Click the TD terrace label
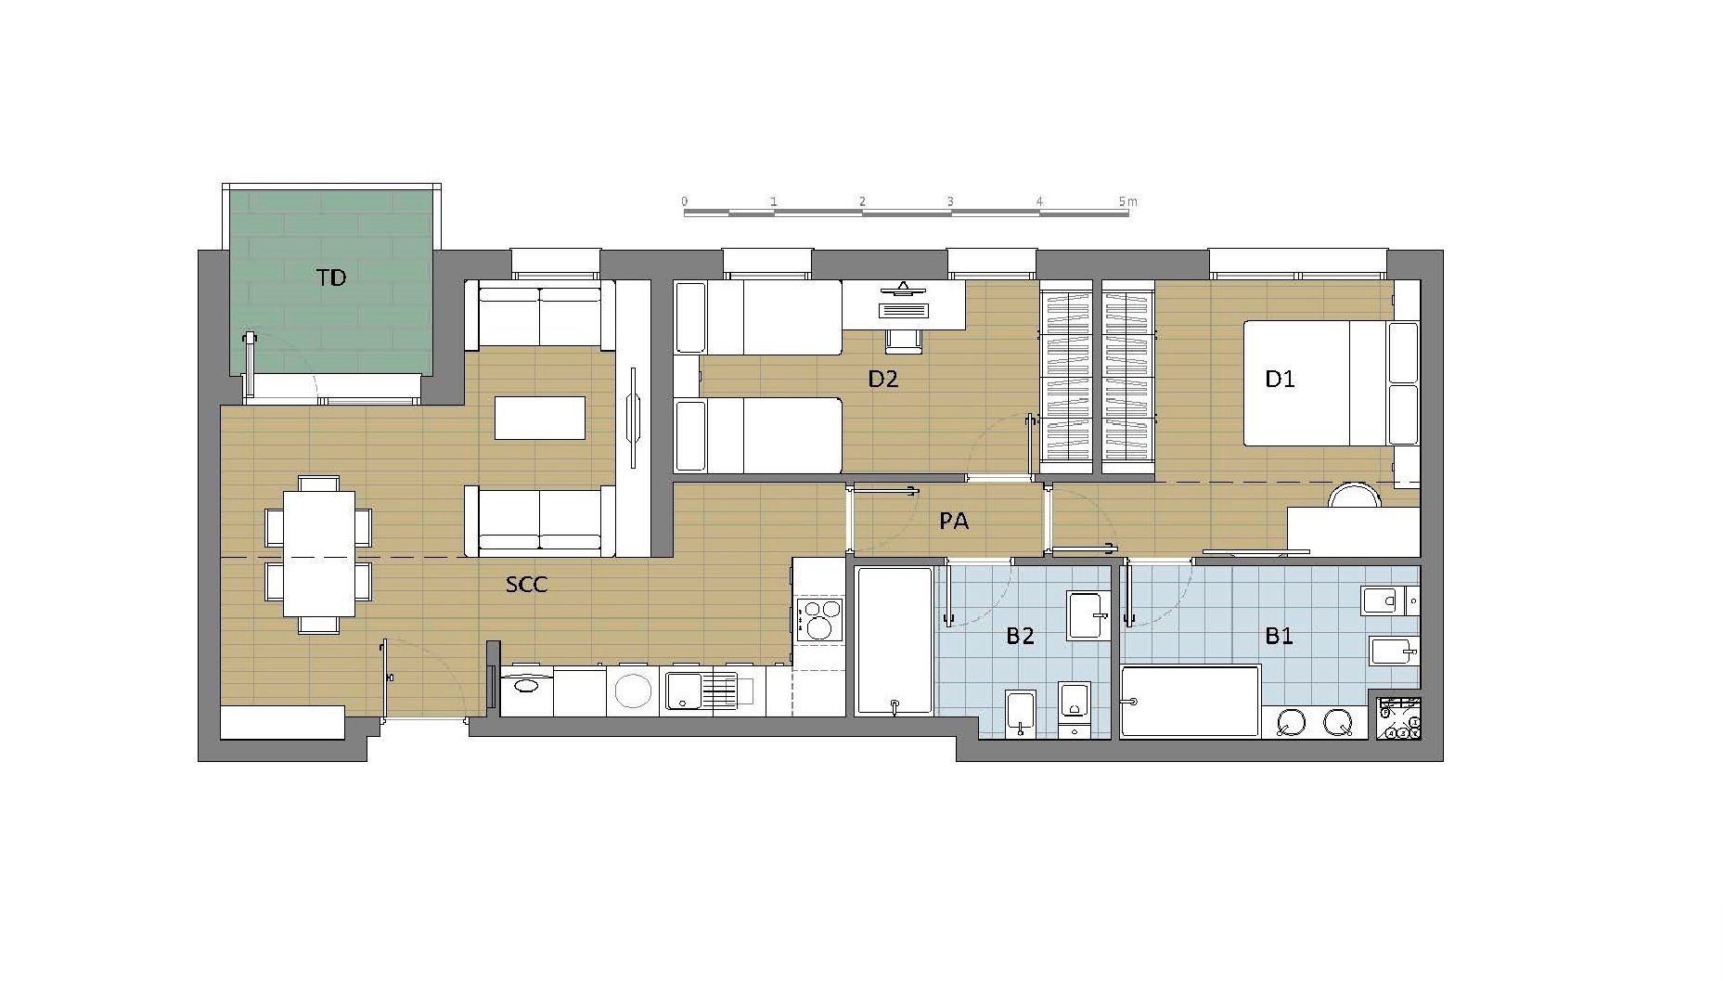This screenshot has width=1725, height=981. (331, 278)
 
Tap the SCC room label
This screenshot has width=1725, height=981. (526, 585)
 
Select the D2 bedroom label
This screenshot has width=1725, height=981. (882, 379)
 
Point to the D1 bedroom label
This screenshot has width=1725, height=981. (1280, 379)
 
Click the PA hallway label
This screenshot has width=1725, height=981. (954, 522)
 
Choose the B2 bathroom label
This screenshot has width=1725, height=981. (1020, 636)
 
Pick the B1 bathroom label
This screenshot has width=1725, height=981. (1280, 636)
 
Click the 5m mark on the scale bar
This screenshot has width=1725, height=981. (1127, 201)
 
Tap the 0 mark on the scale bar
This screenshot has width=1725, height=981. (685, 201)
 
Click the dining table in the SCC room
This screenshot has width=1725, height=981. (318, 554)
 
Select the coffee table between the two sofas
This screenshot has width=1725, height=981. (540, 418)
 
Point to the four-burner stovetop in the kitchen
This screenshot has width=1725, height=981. (818, 620)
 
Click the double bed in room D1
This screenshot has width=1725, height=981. (1316, 383)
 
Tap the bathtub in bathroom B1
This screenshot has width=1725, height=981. (1190, 702)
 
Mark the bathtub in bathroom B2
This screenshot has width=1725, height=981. (895, 641)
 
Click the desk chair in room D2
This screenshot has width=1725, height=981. (904, 341)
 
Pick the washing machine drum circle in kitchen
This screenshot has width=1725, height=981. (633, 691)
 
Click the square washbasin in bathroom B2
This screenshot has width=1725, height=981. (1088, 614)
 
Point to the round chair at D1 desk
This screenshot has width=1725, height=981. (1355, 496)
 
